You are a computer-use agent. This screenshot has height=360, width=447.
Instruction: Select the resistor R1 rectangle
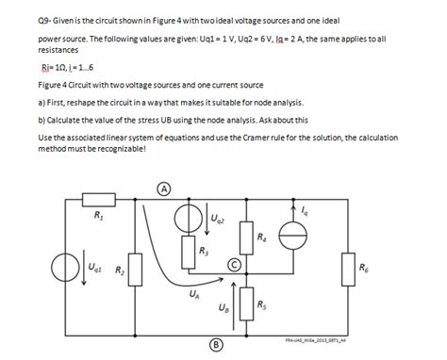[98, 201]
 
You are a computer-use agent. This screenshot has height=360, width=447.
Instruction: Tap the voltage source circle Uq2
[192, 221]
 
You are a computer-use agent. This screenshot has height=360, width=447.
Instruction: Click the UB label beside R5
[223, 307]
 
